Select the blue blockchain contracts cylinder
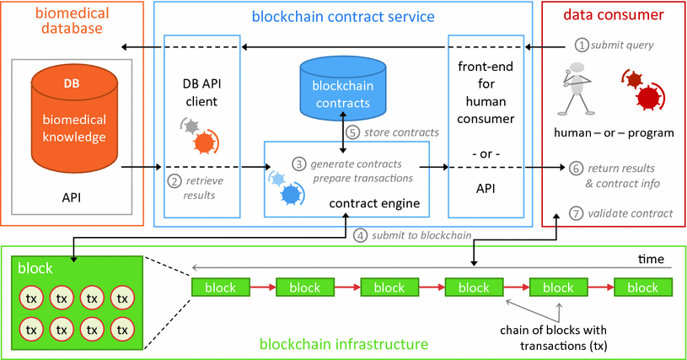342,91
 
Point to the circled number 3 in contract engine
298,162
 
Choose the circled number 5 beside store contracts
352,132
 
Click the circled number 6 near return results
576,167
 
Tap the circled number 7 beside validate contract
576,212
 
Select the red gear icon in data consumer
644,92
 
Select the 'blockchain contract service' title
342,15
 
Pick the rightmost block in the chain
642,287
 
